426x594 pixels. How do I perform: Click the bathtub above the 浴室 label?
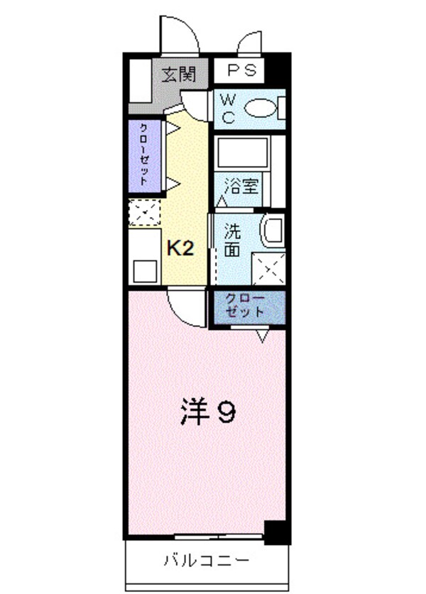(x=242, y=153)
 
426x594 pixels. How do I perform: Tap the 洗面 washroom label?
(x=232, y=239)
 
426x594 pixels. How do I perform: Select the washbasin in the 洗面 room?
(x=272, y=231)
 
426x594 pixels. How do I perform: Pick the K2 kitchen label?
(x=180, y=248)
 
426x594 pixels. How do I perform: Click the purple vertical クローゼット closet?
(x=144, y=156)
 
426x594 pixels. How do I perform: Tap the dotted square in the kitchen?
(x=144, y=212)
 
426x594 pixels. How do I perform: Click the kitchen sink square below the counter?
(x=145, y=271)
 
